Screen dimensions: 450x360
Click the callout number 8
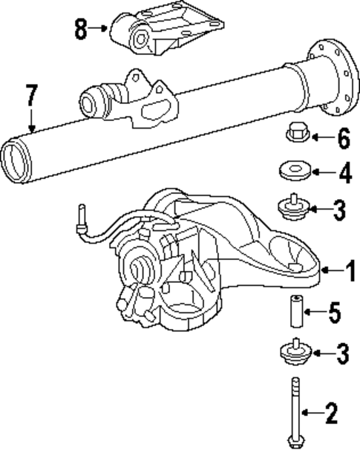pos(81,30)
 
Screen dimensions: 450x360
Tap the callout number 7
pos(30,95)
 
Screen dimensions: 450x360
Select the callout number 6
pos(342,138)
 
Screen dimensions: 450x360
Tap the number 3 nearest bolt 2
pos(342,354)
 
